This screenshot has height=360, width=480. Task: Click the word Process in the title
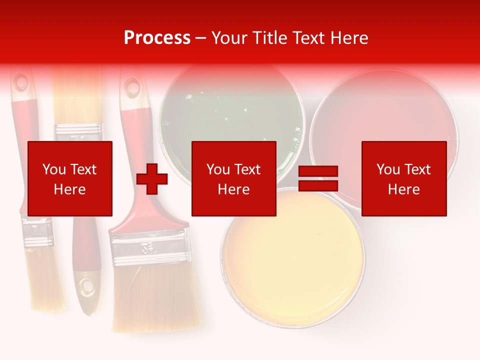157,38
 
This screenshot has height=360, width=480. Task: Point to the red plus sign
152,179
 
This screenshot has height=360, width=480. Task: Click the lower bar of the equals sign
318,186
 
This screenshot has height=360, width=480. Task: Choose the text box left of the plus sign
70,178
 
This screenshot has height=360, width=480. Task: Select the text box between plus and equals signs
233,178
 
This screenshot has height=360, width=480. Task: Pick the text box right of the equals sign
404,178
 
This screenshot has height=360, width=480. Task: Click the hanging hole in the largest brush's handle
132,88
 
